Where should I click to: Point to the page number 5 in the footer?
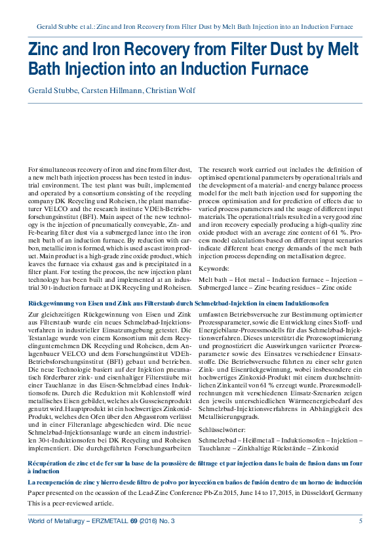coord(361,521)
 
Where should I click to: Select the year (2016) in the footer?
coord(151,521)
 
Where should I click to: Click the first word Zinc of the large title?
coord(46,50)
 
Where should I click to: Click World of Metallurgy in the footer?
coord(55,521)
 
